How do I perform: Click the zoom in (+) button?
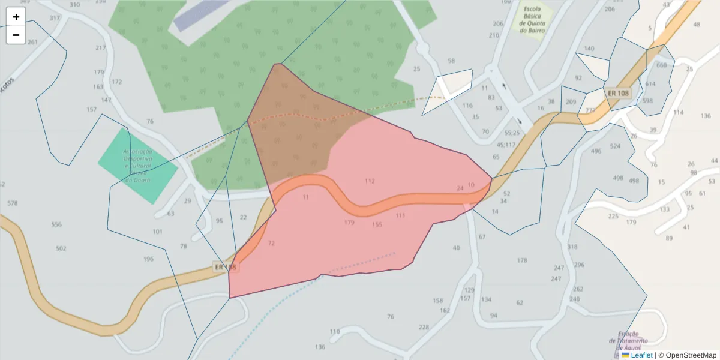tap(16, 17)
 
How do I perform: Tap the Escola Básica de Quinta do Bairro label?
tap(536, 20)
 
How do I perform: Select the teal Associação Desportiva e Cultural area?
tap(137, 166)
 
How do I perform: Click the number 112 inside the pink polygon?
tap(370, 181)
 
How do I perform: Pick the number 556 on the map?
tap(56, 224)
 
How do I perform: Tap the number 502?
tap(61, 248)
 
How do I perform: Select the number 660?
tap(662, 65)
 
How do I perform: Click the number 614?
tap(650, 85)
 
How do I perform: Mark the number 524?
tap(615, 146)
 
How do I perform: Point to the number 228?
tap(424, 327)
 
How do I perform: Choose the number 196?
tap(148, 259)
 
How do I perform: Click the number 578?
tap(12, 203)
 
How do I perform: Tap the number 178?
tap(522, 260)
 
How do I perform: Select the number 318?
tap(572, 247)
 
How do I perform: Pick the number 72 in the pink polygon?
tap(271, 244)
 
